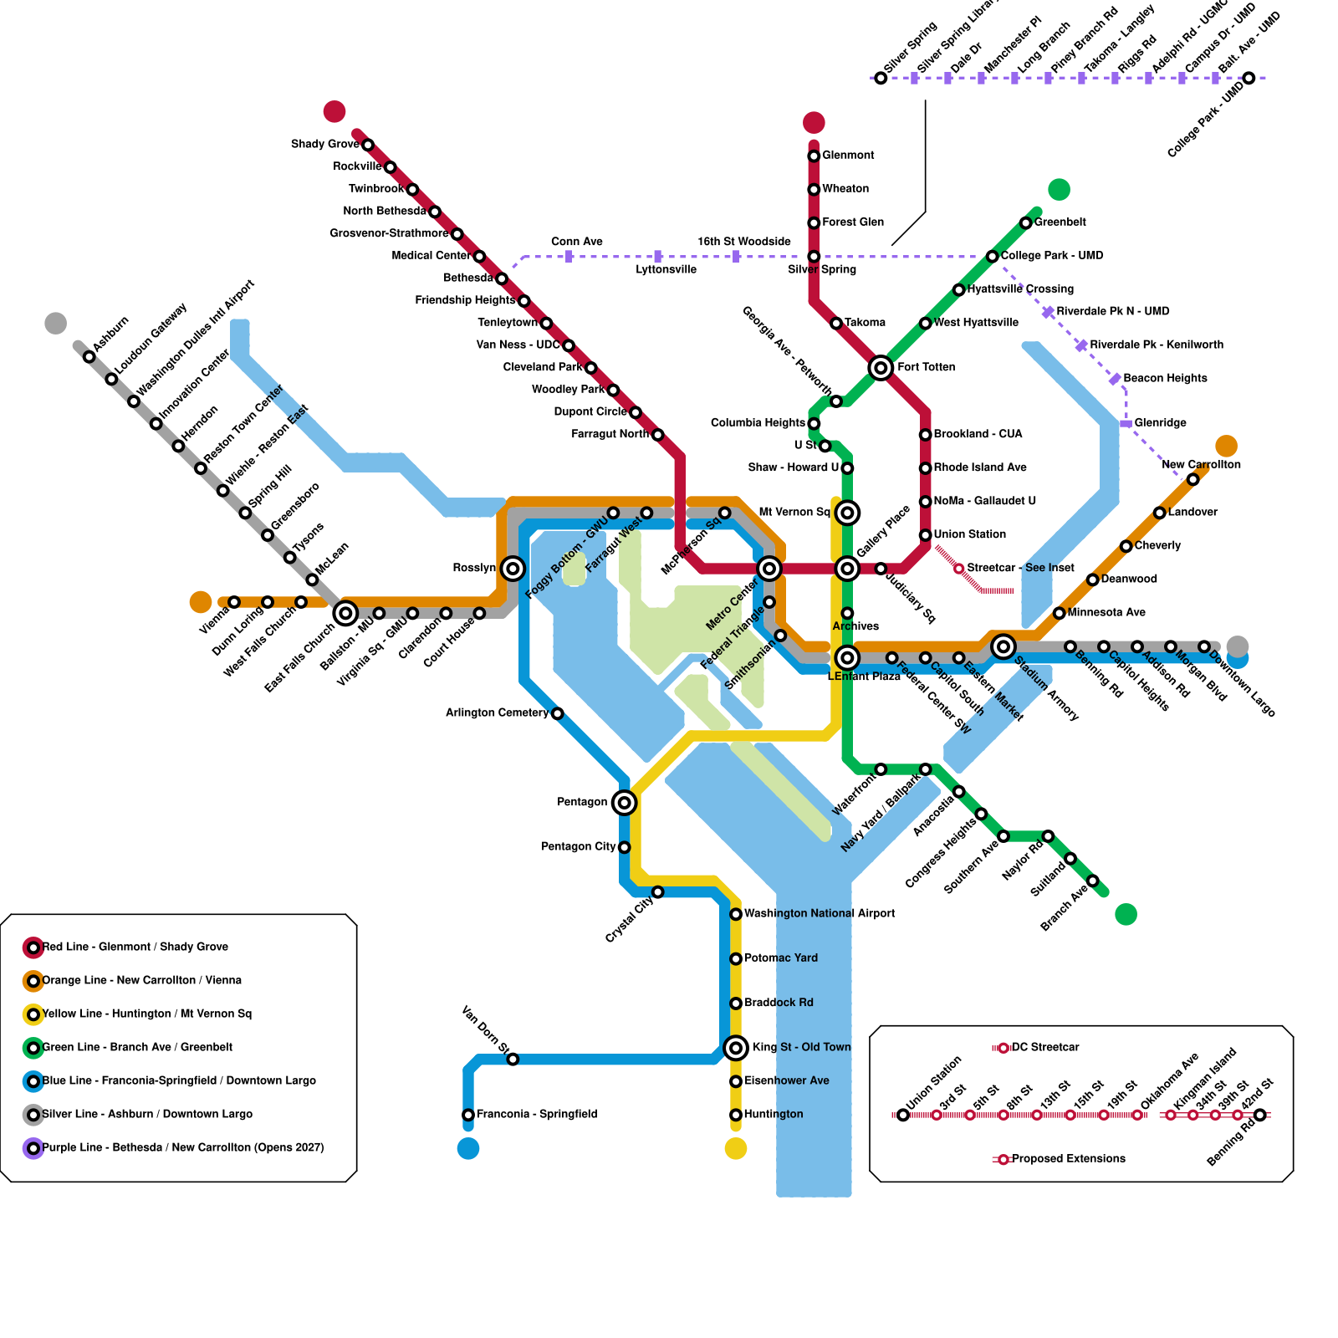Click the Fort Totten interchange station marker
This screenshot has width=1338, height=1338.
tap(881, 367)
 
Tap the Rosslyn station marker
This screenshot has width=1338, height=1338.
tap(513, 569)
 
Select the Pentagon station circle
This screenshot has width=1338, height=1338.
tap(624, 803)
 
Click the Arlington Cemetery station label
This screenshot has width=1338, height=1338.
tap(497, 713)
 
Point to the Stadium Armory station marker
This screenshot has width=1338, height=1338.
tap(1004, 646)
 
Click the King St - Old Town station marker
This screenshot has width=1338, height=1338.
tap(736, 1048)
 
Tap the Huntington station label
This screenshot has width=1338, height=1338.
tap(774, 1115)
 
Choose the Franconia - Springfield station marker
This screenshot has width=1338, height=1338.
tap(468, 1115)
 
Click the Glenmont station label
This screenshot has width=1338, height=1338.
tap(848, 156)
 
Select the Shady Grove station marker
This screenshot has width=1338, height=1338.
tap(368, 145)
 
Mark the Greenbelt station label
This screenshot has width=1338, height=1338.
tap(1060, 222)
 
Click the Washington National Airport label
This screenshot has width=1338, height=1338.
tap(820, 914)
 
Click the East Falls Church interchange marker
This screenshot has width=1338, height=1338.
tap(345, 613)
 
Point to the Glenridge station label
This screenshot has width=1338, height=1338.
tap(1160, 423)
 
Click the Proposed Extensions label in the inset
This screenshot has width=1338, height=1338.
tap(1069, 1159)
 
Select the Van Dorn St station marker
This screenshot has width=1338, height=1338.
tap(513, 1060)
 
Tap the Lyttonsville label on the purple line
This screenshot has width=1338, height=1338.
tap(666, 270)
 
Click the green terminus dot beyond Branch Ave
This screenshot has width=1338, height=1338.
tap(1126, 914)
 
